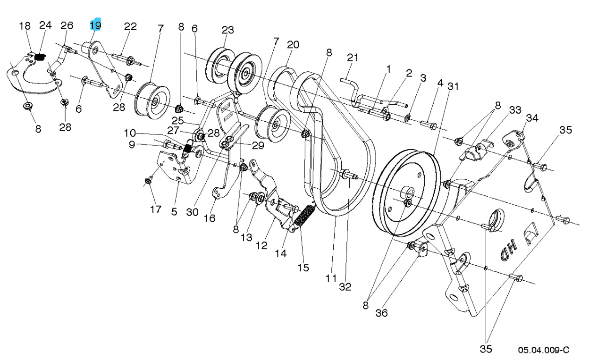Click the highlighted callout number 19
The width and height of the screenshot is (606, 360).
click(95, 25)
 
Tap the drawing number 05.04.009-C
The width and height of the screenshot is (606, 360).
click(543, 350)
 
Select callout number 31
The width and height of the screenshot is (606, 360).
click(453, 86)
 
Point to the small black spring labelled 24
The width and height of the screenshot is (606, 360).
click(40, 58)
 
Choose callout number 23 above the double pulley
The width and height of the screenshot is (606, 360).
click(227, 30)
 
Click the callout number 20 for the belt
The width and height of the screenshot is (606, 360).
click(293, 45)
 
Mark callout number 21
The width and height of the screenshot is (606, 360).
click(353, 58)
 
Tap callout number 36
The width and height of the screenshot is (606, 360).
click(381, 313)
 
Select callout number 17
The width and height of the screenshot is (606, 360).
click(156, 209)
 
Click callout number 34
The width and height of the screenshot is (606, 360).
click(532, 117)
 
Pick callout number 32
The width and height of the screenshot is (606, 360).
click(345, 287)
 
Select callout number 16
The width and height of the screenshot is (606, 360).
click(209, 218)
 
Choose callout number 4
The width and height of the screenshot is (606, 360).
click(440, 84)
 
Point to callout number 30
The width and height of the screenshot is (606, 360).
click(192, 212)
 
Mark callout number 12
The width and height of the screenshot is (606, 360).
click(261, 245)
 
